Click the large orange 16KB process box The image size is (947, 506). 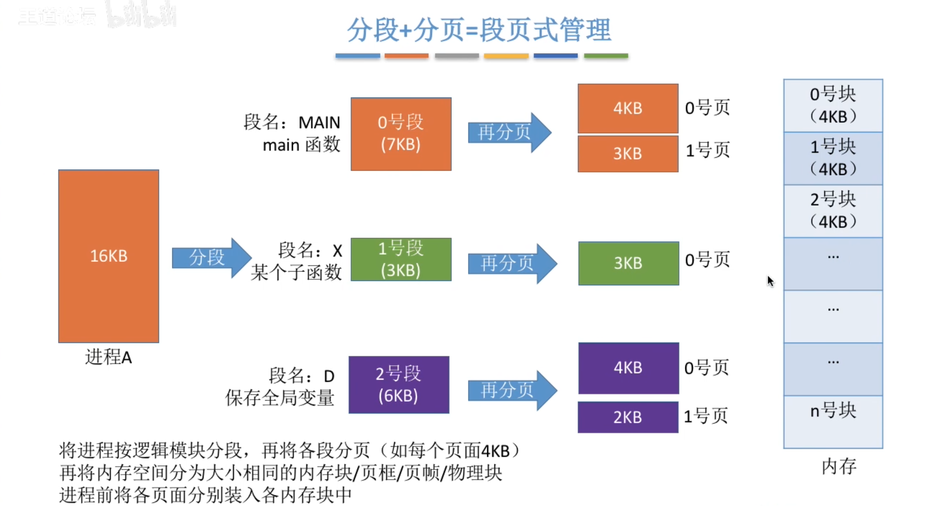(109, 256)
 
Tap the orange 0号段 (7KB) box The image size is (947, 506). (401, 134)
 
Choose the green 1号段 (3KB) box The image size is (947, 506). (401, 260)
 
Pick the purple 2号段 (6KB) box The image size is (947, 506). (399, 385)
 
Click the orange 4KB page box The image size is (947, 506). (628, 108)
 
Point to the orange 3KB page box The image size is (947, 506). (628, 154)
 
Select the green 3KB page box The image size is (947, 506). (628, 263)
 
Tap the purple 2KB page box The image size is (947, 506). (628, 417)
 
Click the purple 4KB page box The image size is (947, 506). (628, 368)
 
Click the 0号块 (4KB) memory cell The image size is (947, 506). (833, 105)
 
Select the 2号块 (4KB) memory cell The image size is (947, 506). (833, 210)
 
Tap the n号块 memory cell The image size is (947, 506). (833, 421)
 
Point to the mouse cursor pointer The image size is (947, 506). (770, 281)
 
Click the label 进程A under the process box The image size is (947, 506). (109, 357)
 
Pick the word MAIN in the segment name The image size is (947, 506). (319, 122)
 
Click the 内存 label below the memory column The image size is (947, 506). (838, 467)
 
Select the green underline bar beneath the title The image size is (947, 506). (605, 56)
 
